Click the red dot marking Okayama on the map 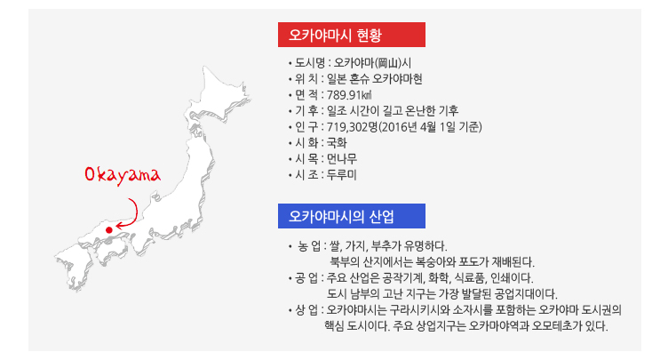[x=109, y=230]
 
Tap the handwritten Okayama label [x=123, y=175]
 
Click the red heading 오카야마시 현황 [x=352, y=35]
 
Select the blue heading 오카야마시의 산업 [x=352, y=216]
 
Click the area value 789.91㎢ [x=349, y=95]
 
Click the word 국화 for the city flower [x=337, y=143]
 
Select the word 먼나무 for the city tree [x=342, y=159]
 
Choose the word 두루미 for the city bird [x=342, y=175]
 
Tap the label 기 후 [x=306, y=111]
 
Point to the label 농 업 [x=309, y=246]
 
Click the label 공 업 [x=306, y=278]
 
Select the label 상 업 [x=306, y=310]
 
